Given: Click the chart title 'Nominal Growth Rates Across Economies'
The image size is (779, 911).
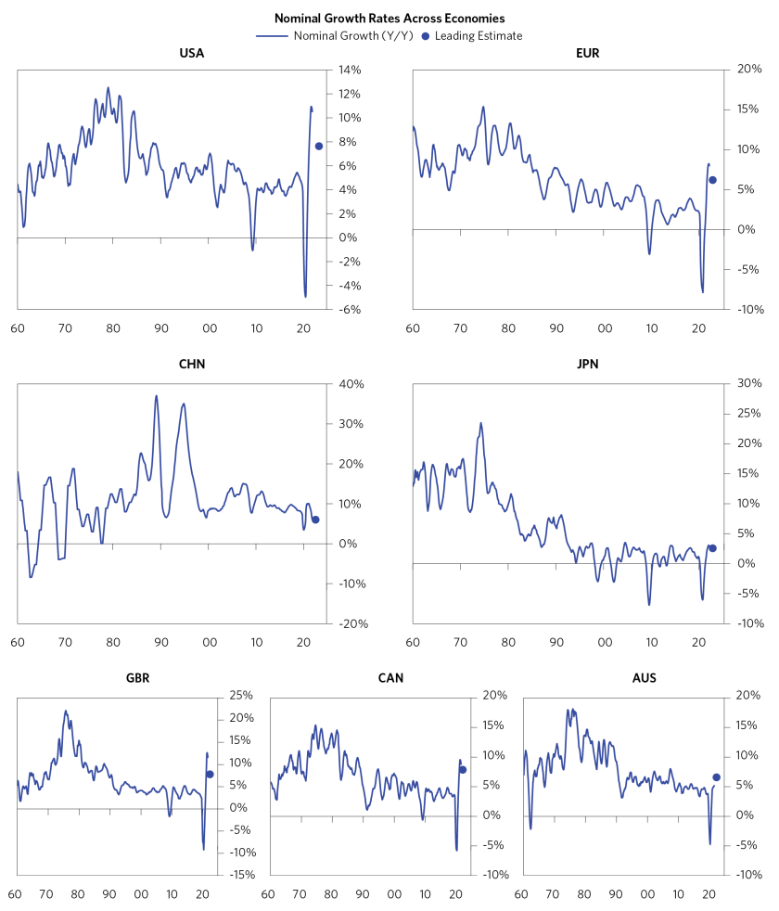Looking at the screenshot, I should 389,18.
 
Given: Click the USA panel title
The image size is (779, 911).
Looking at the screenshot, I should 191,53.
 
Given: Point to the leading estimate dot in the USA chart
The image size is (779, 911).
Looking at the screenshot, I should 319,146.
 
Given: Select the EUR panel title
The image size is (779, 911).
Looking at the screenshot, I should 587,53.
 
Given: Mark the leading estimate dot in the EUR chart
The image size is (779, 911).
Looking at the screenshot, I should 712,180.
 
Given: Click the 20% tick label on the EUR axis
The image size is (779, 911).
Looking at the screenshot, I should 749,70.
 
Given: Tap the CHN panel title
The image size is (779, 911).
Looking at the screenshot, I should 191,364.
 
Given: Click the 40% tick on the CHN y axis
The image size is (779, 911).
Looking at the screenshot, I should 354,384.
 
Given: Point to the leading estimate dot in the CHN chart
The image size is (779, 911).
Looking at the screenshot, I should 315,520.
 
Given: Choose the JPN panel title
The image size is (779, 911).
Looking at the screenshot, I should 587,364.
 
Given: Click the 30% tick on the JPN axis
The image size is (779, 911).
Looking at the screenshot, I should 749,383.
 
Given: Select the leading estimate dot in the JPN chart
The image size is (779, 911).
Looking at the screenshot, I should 712,548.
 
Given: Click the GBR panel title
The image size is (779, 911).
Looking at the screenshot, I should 137,677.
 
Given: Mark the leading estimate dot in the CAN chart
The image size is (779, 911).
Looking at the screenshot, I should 463,769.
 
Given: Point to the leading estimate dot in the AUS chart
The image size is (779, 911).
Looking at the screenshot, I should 716,777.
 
